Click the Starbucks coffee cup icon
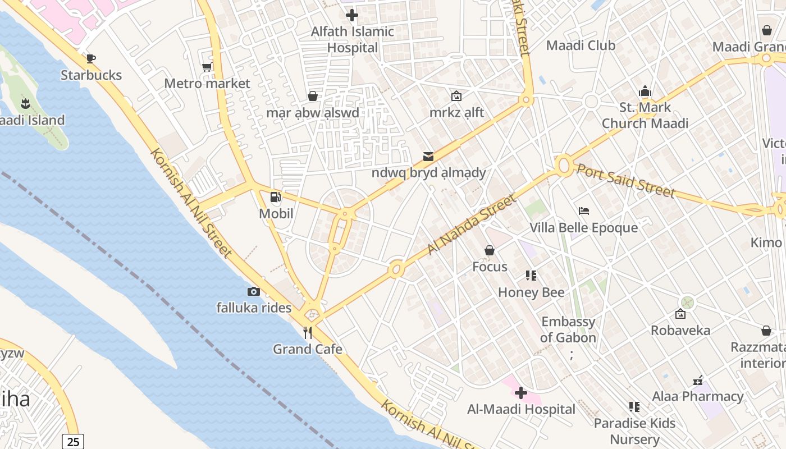point(91,58)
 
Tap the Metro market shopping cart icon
point(207,67)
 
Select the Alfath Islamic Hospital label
point(353,39)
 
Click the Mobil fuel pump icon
point(276,197)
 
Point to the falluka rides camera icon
point(254,291)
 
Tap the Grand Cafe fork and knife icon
point(308,333)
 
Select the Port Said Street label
point(625,181)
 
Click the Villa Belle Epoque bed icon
point(584,211)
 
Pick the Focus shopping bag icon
point(490,250)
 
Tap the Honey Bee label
point(531,292)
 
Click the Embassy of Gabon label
point(568,329)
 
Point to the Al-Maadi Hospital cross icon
point(521,393)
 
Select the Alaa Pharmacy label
point(698,396)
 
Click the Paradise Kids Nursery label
point(635,431)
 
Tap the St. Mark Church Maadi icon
point(645,91)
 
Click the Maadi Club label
point(581,45)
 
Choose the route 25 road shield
point(73,441)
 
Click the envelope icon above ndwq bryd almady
point(428,156)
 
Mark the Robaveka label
point(680,330)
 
